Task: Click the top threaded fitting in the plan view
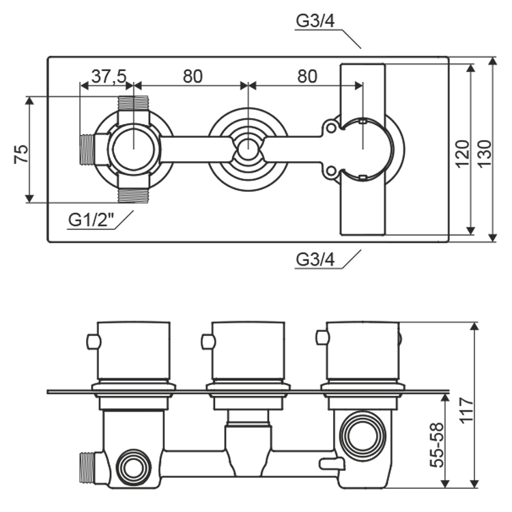(133, 103)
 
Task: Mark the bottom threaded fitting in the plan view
(133, 195)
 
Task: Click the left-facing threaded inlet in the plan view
(87, 150)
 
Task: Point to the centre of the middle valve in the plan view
(247, 149)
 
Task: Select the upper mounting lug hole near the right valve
(331, 128)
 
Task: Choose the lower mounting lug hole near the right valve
(331, 171)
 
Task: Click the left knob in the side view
(134, 350)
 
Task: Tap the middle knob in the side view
(248, 350)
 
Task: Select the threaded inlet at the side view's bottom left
(88, 466)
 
